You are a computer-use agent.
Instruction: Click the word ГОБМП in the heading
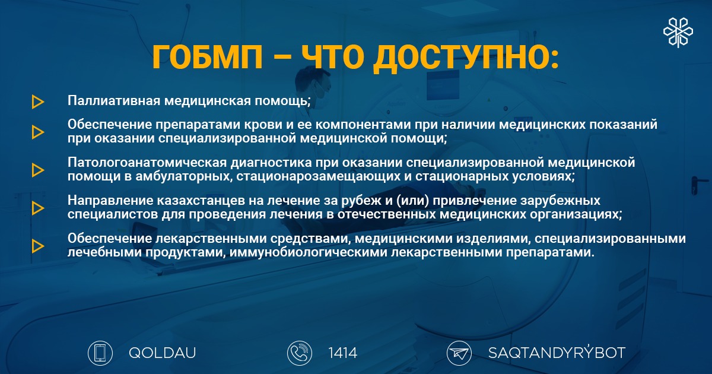[208, 57]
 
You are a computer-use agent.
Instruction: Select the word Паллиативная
[114, 100]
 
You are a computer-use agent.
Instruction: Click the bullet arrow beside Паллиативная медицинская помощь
[38, 102]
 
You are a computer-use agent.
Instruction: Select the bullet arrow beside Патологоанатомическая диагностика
[38, 170]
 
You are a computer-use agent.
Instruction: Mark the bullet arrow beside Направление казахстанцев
[38, 208]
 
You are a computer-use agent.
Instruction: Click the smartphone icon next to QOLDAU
[100, 353]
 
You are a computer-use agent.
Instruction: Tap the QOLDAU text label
[162, 353]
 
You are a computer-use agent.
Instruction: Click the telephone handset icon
[300, 353]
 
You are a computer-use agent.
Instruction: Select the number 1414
[343, 353]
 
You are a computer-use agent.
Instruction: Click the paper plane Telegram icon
[459, 353]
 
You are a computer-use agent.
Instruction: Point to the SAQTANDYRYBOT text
[557, 353]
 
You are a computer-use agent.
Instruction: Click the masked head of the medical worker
[313, 84]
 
